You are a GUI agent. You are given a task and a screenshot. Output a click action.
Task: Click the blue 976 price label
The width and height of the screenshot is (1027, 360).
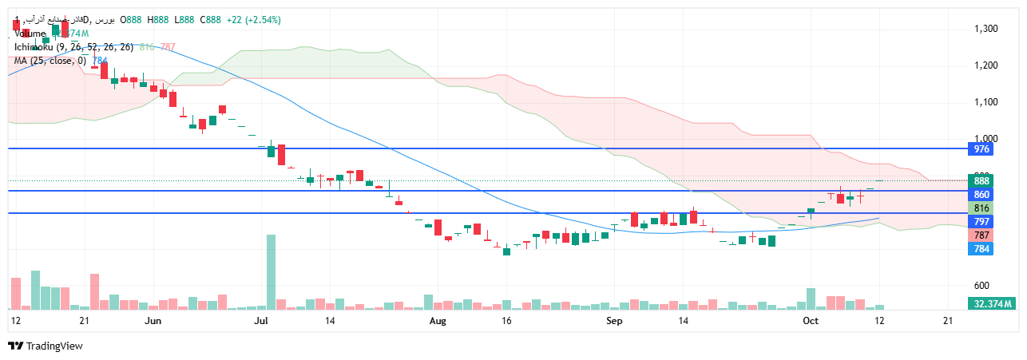click(981, 149)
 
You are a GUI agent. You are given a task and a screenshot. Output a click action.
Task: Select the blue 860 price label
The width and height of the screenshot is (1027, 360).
click(981, 195)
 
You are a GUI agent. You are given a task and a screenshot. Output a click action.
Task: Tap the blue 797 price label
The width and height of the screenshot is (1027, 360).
click(981, 221)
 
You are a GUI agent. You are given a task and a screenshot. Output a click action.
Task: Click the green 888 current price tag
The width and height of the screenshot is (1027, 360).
click(981, 181)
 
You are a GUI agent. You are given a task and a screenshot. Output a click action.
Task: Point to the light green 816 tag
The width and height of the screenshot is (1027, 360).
click(981, 208)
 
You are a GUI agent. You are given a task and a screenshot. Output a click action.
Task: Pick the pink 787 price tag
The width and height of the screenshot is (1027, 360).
click(981, 235)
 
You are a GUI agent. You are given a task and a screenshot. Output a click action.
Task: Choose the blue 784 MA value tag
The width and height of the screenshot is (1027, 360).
click(981, 249)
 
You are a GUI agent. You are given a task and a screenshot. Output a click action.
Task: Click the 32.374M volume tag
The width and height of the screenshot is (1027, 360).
click(993, 304)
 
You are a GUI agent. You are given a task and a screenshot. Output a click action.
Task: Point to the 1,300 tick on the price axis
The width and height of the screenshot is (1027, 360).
click(986, 29)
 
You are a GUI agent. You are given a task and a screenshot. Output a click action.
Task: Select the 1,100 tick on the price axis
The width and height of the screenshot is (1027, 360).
click(986, 102)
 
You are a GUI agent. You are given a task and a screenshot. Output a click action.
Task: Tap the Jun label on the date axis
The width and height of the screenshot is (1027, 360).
click(154, 321)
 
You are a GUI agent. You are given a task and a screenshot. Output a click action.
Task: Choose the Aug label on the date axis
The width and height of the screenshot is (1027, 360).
click(437, 321)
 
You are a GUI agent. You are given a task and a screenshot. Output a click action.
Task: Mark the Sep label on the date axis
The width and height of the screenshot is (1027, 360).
click(614, 321)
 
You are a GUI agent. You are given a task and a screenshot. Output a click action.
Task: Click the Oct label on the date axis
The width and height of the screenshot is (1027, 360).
click(811, 321)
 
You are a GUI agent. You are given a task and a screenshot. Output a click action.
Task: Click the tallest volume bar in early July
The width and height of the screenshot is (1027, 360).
click(271, 272)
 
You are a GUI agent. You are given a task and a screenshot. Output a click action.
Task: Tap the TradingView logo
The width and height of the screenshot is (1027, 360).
click(46, 346)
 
